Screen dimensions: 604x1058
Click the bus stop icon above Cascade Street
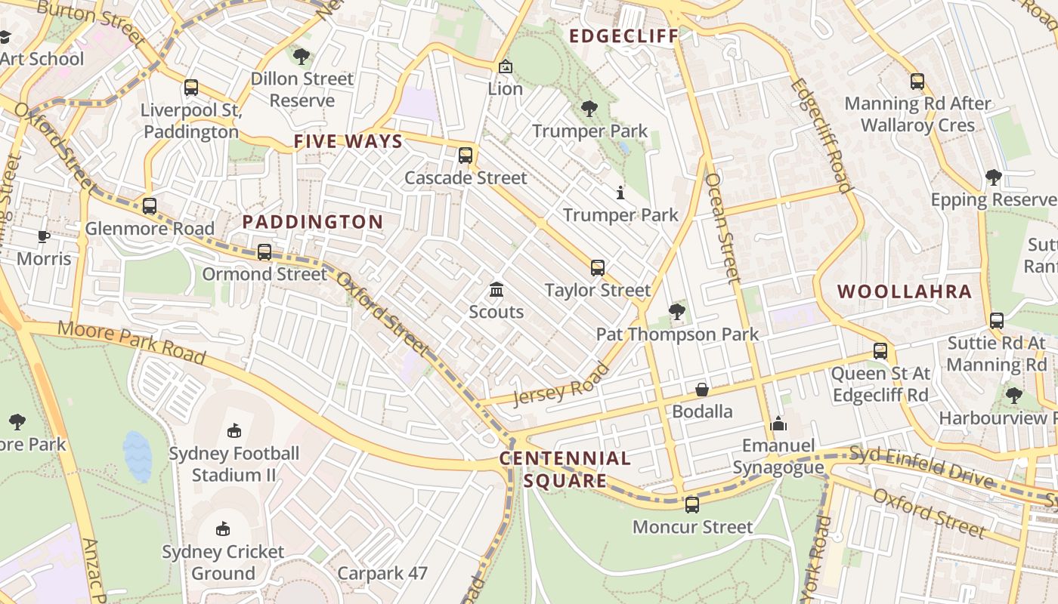click(466, 156)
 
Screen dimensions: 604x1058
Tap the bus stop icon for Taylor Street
click(598, 268)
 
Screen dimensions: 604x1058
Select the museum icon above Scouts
click(497, 289)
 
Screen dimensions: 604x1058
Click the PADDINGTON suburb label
click(313, 222)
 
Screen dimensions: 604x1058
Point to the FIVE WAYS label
click(348, 141)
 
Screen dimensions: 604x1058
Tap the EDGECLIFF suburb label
click(623, 36)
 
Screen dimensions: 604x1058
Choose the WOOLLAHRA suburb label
click(905, 292)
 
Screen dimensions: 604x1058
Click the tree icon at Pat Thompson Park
click(677, 311)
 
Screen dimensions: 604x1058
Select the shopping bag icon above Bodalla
click(702, 390)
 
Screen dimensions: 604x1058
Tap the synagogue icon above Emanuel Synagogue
click(778, 424)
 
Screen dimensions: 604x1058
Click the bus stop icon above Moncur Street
click(692, 505)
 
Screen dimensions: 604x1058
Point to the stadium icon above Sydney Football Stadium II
click(234, 431)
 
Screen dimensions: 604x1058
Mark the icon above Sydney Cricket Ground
click(223, 529)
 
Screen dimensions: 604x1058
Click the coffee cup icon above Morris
click(44, 237)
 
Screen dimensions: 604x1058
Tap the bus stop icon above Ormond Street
click(264, 252)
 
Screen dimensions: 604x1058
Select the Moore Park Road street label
click(131, 341)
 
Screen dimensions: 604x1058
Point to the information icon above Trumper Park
click(620, 193)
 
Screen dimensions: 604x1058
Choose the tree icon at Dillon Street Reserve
click(302, 56)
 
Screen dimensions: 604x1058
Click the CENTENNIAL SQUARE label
click(565, 470)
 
